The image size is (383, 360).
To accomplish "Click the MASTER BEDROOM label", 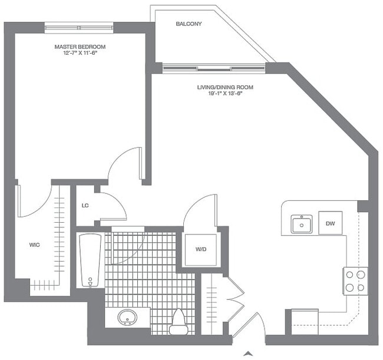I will click(x=80, y=47).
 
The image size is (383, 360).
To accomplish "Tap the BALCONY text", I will click(x=189, y=24).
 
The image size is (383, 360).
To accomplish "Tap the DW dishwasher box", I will click(x=329, y=223).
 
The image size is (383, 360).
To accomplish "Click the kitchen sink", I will click(x=302, y=224).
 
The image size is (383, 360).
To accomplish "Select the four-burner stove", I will click(x=355, y=280).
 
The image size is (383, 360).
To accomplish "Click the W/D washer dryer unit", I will click(x=200, y=249).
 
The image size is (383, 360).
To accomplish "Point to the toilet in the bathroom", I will click(x=177, y=321).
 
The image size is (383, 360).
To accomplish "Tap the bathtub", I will click(x=90, y=260).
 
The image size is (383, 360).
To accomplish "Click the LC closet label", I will click(x=85, y=206).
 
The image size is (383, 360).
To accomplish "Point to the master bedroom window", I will click(x=78, y=27).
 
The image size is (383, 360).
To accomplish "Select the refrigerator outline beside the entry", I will click(x=305, y=322).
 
